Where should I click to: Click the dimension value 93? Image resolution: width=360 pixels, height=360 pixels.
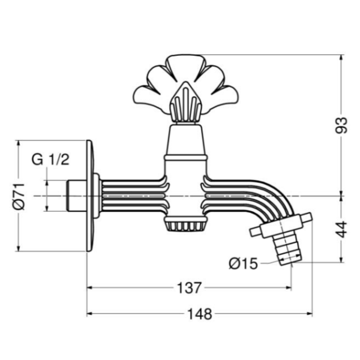coord(341,125)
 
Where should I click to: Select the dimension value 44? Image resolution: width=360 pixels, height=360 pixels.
coord(341,229)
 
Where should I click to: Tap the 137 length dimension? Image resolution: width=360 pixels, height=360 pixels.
coord(190,288)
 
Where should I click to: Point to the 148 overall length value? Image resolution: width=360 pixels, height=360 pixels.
coord(200,314)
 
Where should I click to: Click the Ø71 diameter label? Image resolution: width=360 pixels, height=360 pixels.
coord(19,197)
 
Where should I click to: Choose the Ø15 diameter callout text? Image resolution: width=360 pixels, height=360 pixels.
coord(244,263)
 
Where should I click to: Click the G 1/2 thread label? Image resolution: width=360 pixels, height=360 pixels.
coord(50,160)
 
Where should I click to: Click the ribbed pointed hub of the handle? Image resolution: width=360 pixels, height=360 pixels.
coord(185,102)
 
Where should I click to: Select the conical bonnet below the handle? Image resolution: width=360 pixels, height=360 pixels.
coord(185,140)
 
